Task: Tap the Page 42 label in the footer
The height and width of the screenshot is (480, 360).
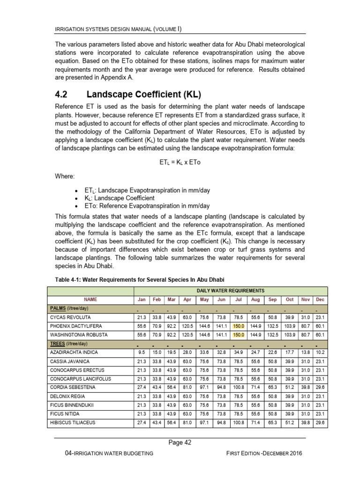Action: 180,442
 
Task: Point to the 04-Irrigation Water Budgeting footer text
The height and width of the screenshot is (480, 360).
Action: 111,453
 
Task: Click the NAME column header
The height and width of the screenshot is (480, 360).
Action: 90,299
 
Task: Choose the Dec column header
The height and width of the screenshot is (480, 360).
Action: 320,299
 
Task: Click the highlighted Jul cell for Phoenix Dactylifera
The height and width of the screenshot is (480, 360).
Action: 238,326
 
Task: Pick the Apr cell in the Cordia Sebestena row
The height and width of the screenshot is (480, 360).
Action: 187,387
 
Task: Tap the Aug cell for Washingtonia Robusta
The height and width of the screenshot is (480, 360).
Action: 255,335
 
